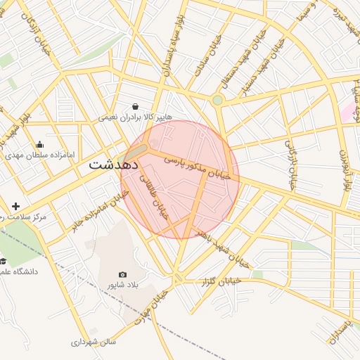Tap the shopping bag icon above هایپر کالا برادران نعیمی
pyautogui.click(x=135, y=106)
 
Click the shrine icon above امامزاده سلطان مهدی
pyautogui.click(x=39, y=144)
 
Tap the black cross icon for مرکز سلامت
pyautogui.click(x=16, y=207)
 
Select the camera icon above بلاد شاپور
pyautogui.click(x=123, y=274)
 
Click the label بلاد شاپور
pyautogui.click(x=123, y=285)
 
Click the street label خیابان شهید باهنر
pyautogui.click(x=221, y=247)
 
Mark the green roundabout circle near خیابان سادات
pyautogui.click(x=218, y=101)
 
